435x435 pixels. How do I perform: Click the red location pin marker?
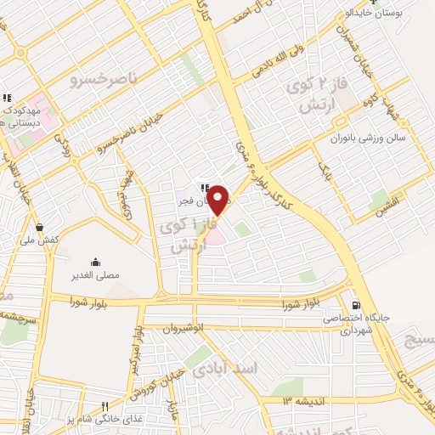click(x=219, y=200)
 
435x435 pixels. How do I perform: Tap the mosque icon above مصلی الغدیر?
click(x=94, y=261)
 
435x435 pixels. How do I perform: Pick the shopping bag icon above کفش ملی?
click(x=39, y=227)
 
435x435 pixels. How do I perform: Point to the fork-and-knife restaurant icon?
click(x=105, y=406)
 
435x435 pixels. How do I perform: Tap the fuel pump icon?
click(x=354, y=305)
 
